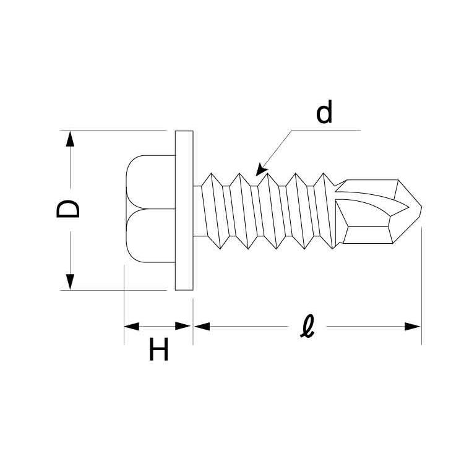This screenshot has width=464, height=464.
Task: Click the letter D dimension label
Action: point(68,209)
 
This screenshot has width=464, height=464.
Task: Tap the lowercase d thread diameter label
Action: point(324,111)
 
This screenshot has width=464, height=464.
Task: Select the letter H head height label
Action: point(158,349)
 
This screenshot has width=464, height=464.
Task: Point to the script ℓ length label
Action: point(307,326)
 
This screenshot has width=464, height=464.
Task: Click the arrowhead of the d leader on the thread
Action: point(261,170)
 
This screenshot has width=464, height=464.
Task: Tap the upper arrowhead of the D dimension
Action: point(70,139)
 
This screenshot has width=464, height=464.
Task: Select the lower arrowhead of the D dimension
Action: point(70,282)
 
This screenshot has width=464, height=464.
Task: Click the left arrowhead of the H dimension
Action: point(132,327)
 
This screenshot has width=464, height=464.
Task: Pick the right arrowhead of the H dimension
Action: point(183,327)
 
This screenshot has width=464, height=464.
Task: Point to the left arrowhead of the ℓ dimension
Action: point(202,327)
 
